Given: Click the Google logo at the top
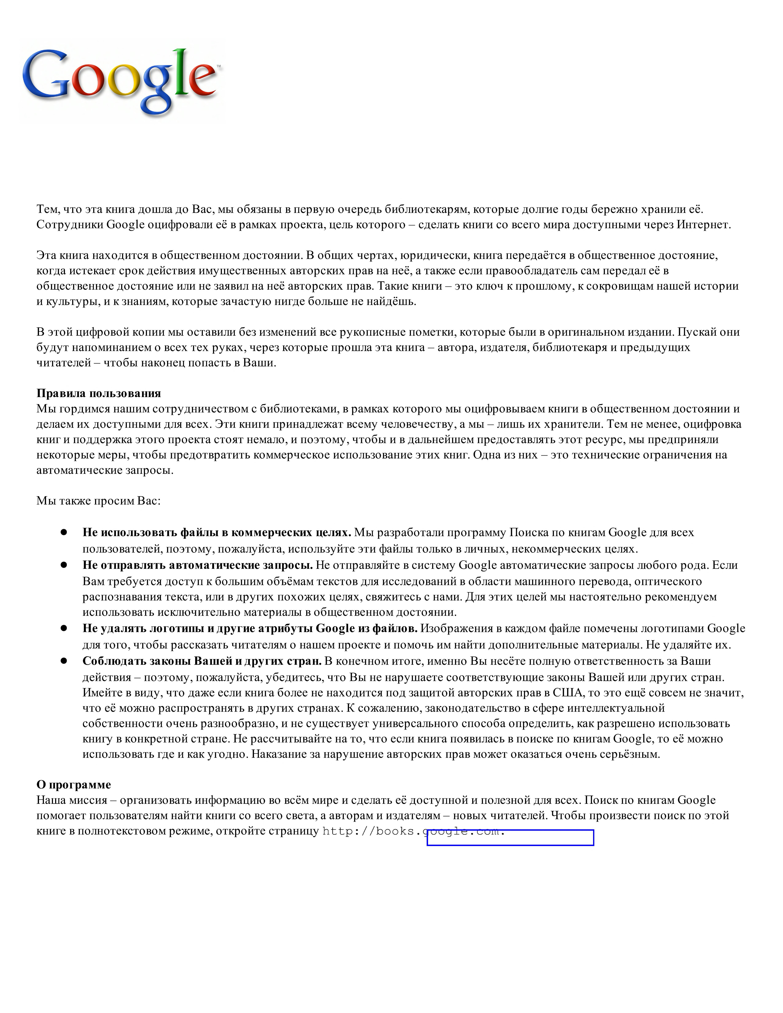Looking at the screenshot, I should tap(122, 80).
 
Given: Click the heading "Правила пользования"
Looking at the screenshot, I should tap(98, 393).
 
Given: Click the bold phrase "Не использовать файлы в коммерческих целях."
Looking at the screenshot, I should tap(216, 533).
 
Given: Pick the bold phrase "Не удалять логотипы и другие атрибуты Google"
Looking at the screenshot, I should tap(250, 628).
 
